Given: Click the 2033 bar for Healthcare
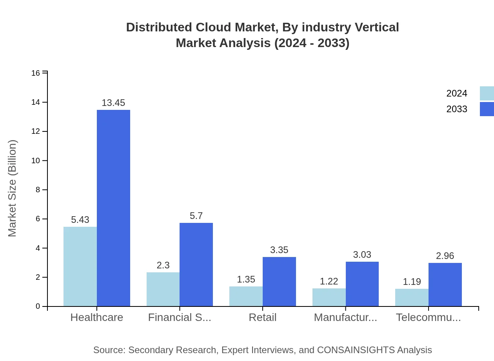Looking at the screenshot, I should (x=113, y=208).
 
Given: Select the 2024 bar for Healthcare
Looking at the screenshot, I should (x=80, y=266).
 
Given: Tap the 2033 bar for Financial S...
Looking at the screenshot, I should (x=196, y=264).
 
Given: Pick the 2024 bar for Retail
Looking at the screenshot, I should (x=246, y=296).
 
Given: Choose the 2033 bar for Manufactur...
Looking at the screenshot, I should (x=362, y=284).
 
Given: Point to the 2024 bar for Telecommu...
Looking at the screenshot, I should (x=412, y=297).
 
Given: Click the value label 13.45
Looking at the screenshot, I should (x=113, y=103).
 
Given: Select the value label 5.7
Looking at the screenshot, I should (x=196, y=216).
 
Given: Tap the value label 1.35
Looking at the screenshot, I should (x=246, y=279).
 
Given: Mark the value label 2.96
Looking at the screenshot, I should (x=445, y=256).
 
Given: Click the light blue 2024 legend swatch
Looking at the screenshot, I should (x=487, y=93).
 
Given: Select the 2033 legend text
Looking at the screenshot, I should (x=457, y=109).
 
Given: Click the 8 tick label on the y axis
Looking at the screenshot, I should (x=38, y=190).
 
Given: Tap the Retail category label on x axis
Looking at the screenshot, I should (x=262, y=317).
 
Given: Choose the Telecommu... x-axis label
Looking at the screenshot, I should (x=428, y=317).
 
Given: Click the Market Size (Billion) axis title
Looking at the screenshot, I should (x=13, y=188).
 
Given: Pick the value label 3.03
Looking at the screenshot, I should (x=362, y=255).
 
